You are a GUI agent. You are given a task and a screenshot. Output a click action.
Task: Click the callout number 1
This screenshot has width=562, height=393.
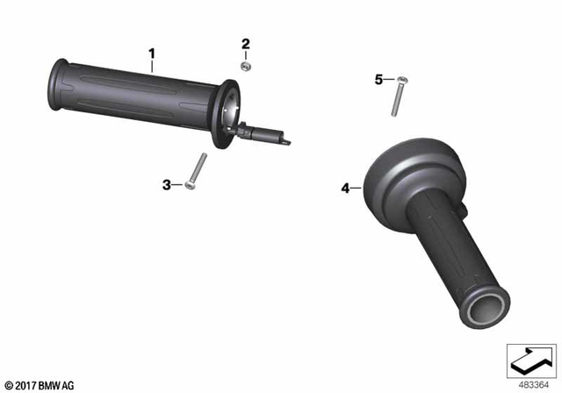point(152,54)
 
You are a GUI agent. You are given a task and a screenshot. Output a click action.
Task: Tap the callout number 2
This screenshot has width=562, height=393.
point(246,44)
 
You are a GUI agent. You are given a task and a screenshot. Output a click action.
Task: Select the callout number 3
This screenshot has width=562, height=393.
point(167,184)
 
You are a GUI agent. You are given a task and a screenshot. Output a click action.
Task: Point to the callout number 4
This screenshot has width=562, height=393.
point(345,187)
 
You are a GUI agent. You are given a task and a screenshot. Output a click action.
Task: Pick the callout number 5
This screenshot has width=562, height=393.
point(379,80)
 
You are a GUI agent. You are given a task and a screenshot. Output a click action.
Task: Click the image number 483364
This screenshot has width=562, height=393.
point(530,382)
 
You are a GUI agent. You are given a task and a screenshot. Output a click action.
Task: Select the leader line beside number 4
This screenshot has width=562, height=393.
point(357,187)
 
